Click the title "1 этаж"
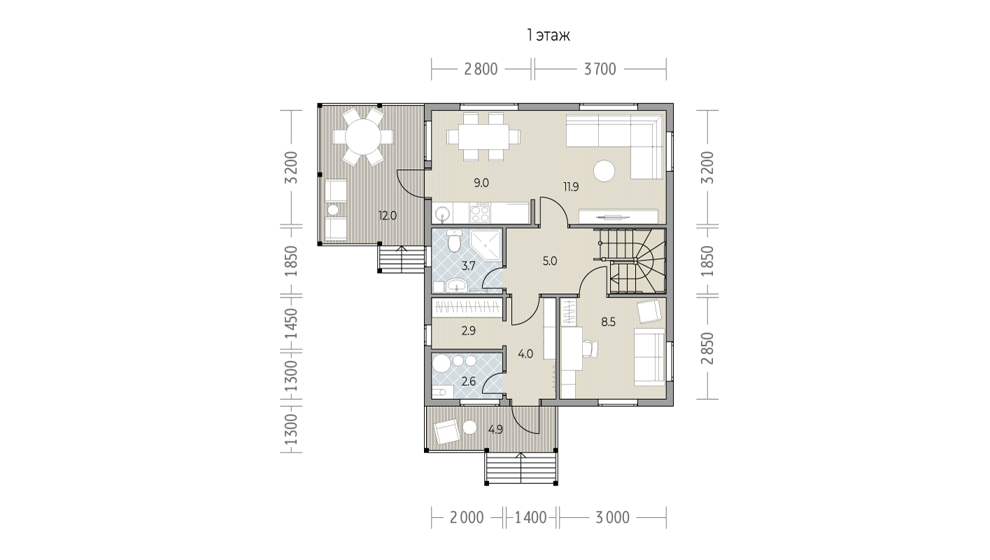tap(548, 36)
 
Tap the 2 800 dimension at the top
tap(481, 69)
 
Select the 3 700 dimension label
tap(600, 69)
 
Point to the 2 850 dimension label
tap(707, 348)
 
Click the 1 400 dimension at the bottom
tap(531, 517)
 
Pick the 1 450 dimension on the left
tap(292, 324)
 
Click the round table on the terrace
tap(363, 136)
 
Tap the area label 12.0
tap(388, 216)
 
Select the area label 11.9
tap(571, 187)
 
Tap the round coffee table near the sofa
tap(604, 171)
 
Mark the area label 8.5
tap(608, 322)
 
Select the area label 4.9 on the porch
tap(495, 430)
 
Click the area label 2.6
tap(469, 381)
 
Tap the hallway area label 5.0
tap(549, 261)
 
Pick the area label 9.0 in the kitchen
tap(481, 183)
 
